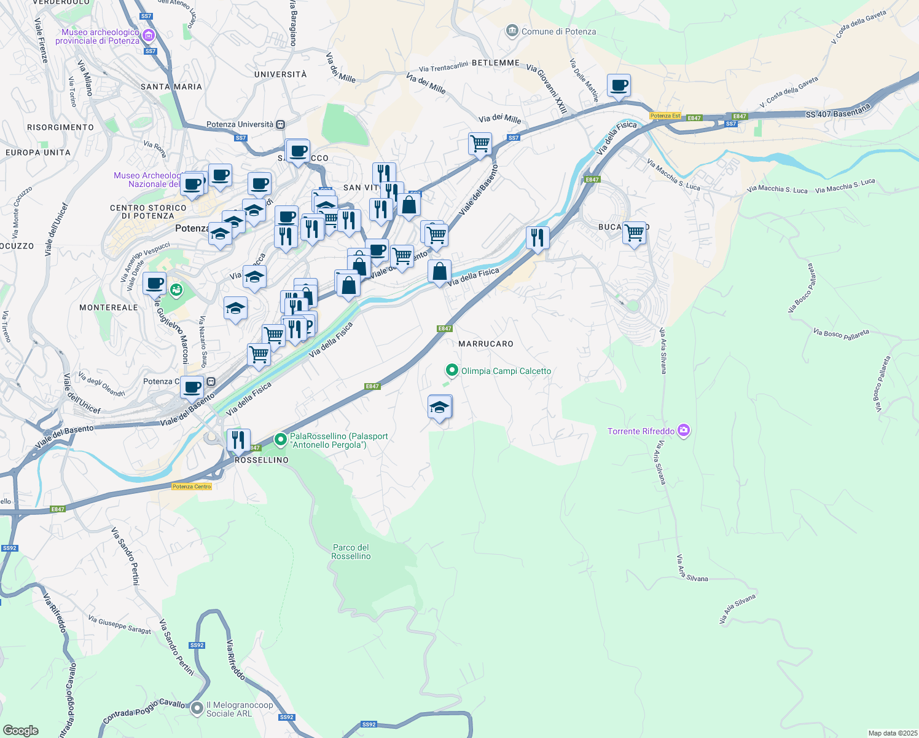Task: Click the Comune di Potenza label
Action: coord(558,31)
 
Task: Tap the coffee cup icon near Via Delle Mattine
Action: coord(619,85)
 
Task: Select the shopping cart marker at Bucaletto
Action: coord(634,233)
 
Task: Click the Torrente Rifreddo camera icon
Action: coord(683,430)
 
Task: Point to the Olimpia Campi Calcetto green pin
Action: coord(452,370)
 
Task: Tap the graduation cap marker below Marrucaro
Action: coord(439,407)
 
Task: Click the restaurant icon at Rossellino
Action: coord(238,440)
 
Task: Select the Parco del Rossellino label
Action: coord(351,552)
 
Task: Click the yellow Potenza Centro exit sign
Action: coord(192,486)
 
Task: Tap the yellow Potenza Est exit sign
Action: coord(665,116)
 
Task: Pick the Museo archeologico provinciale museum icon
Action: coord(148,36)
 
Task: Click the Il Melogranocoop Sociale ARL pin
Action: coord(197,708)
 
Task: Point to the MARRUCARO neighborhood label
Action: coord(486,344)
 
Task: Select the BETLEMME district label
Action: coord(496,63)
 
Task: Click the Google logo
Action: coord(21,730)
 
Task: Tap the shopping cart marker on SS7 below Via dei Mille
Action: coord(480,144)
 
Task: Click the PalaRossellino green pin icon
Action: coord(281,439)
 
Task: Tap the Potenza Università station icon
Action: coord(280,124)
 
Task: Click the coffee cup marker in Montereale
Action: coord(155,284)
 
